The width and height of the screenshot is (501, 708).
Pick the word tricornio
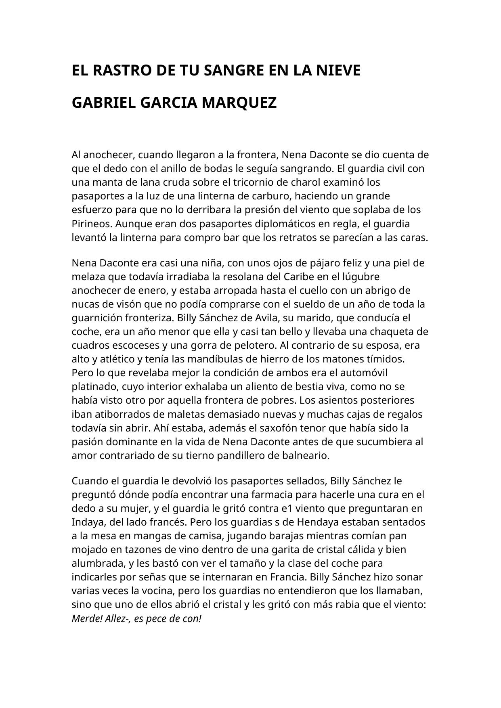pyautogui.click(x=256, y=182)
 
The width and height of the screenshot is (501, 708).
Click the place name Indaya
pyautogui.click(x=88, y=522)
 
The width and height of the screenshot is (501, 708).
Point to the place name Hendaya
pyautogui.click(x=319, y=522)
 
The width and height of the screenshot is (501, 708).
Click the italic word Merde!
pyautogui.click(x=87, y=618)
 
